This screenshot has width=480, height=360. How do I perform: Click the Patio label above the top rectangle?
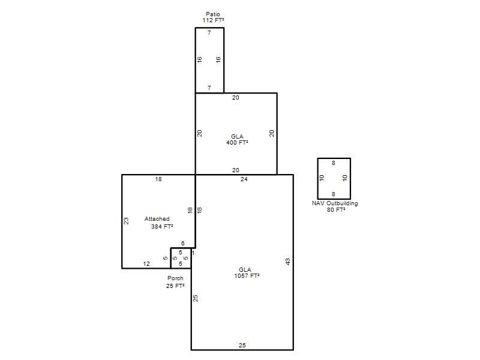tap(213, 14)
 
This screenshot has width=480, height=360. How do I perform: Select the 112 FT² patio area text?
tap(213, 20)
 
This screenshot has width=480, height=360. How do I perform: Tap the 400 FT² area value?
tap(237, 143)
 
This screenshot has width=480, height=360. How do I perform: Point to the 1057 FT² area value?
tap(247, 276)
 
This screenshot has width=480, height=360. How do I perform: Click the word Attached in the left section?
tap(157, 219)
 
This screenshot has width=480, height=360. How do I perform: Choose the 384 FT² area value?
tap(162, 227)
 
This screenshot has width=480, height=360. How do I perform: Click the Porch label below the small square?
tap(175, 278)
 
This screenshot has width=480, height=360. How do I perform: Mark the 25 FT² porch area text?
tap(175, 286)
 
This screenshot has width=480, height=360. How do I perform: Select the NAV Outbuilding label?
tap(335, 203)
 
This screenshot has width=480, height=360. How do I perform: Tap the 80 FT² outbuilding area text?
tap(336, 209)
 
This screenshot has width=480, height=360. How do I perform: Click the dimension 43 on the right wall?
tap(288, 262)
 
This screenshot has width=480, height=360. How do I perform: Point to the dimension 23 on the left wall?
tap(126, 221)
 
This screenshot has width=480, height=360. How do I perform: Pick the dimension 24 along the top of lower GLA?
tap(244, 179)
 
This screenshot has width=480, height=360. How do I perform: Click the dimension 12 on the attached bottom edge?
tap(146, 264)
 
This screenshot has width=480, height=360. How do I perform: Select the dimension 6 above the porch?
tap(183, 244)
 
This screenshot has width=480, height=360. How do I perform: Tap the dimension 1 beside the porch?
tap(193, 253)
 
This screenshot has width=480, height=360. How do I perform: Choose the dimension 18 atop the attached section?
tap(158, 179)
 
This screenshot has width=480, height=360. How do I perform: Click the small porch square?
tap(170, 258)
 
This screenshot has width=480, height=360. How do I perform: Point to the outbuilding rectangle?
tap(318, 179)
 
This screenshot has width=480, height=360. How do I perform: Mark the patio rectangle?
tap(196, 61)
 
